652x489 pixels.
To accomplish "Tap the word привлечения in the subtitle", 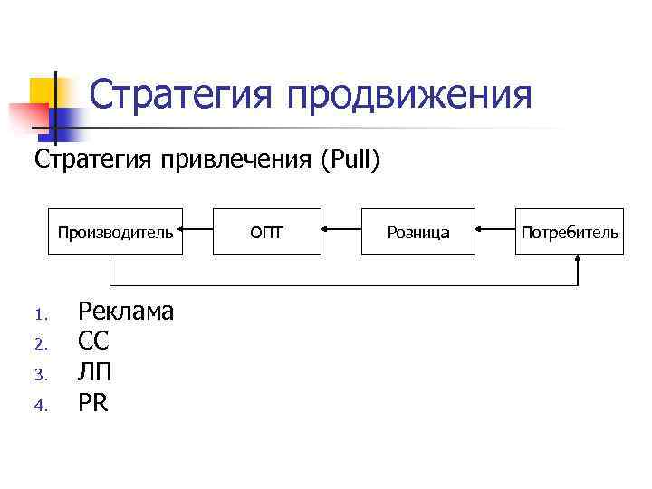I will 239,160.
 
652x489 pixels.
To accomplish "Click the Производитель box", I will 115,232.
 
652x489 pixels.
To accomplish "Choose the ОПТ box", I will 266,232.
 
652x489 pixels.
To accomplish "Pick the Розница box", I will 417,232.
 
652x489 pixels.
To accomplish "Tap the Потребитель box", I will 570,232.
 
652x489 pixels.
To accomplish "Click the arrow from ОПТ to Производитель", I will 197,231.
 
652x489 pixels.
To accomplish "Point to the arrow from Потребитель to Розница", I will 495,231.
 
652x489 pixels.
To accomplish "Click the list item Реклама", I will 126,312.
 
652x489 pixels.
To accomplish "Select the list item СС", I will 93,341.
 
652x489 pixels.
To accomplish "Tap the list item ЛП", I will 95,372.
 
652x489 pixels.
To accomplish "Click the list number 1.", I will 39,315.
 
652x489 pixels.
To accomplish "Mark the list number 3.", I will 39,375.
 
